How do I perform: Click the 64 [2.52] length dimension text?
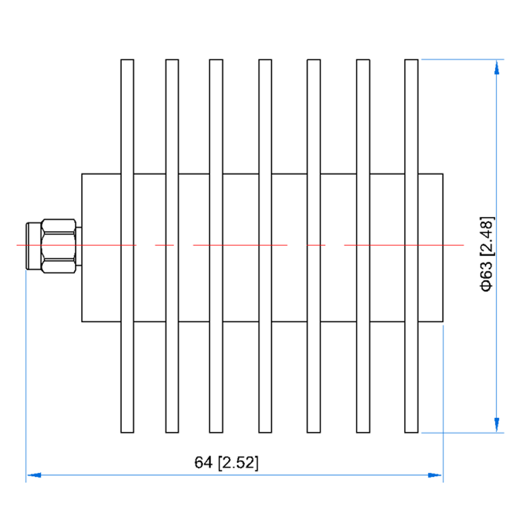pyautogui.click(x=226, y=463)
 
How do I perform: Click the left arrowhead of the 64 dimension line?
pyautogui.click(x=33, y=475)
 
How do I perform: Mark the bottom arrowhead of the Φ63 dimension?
pyautogui.click(x=495, y=426)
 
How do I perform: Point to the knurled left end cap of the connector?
pyautogui.click(x=33, y=246)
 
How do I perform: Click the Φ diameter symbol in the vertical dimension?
pyautogui.click(x=487, y=285)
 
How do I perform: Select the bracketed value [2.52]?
pyautogui.click(x=239, y=463)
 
